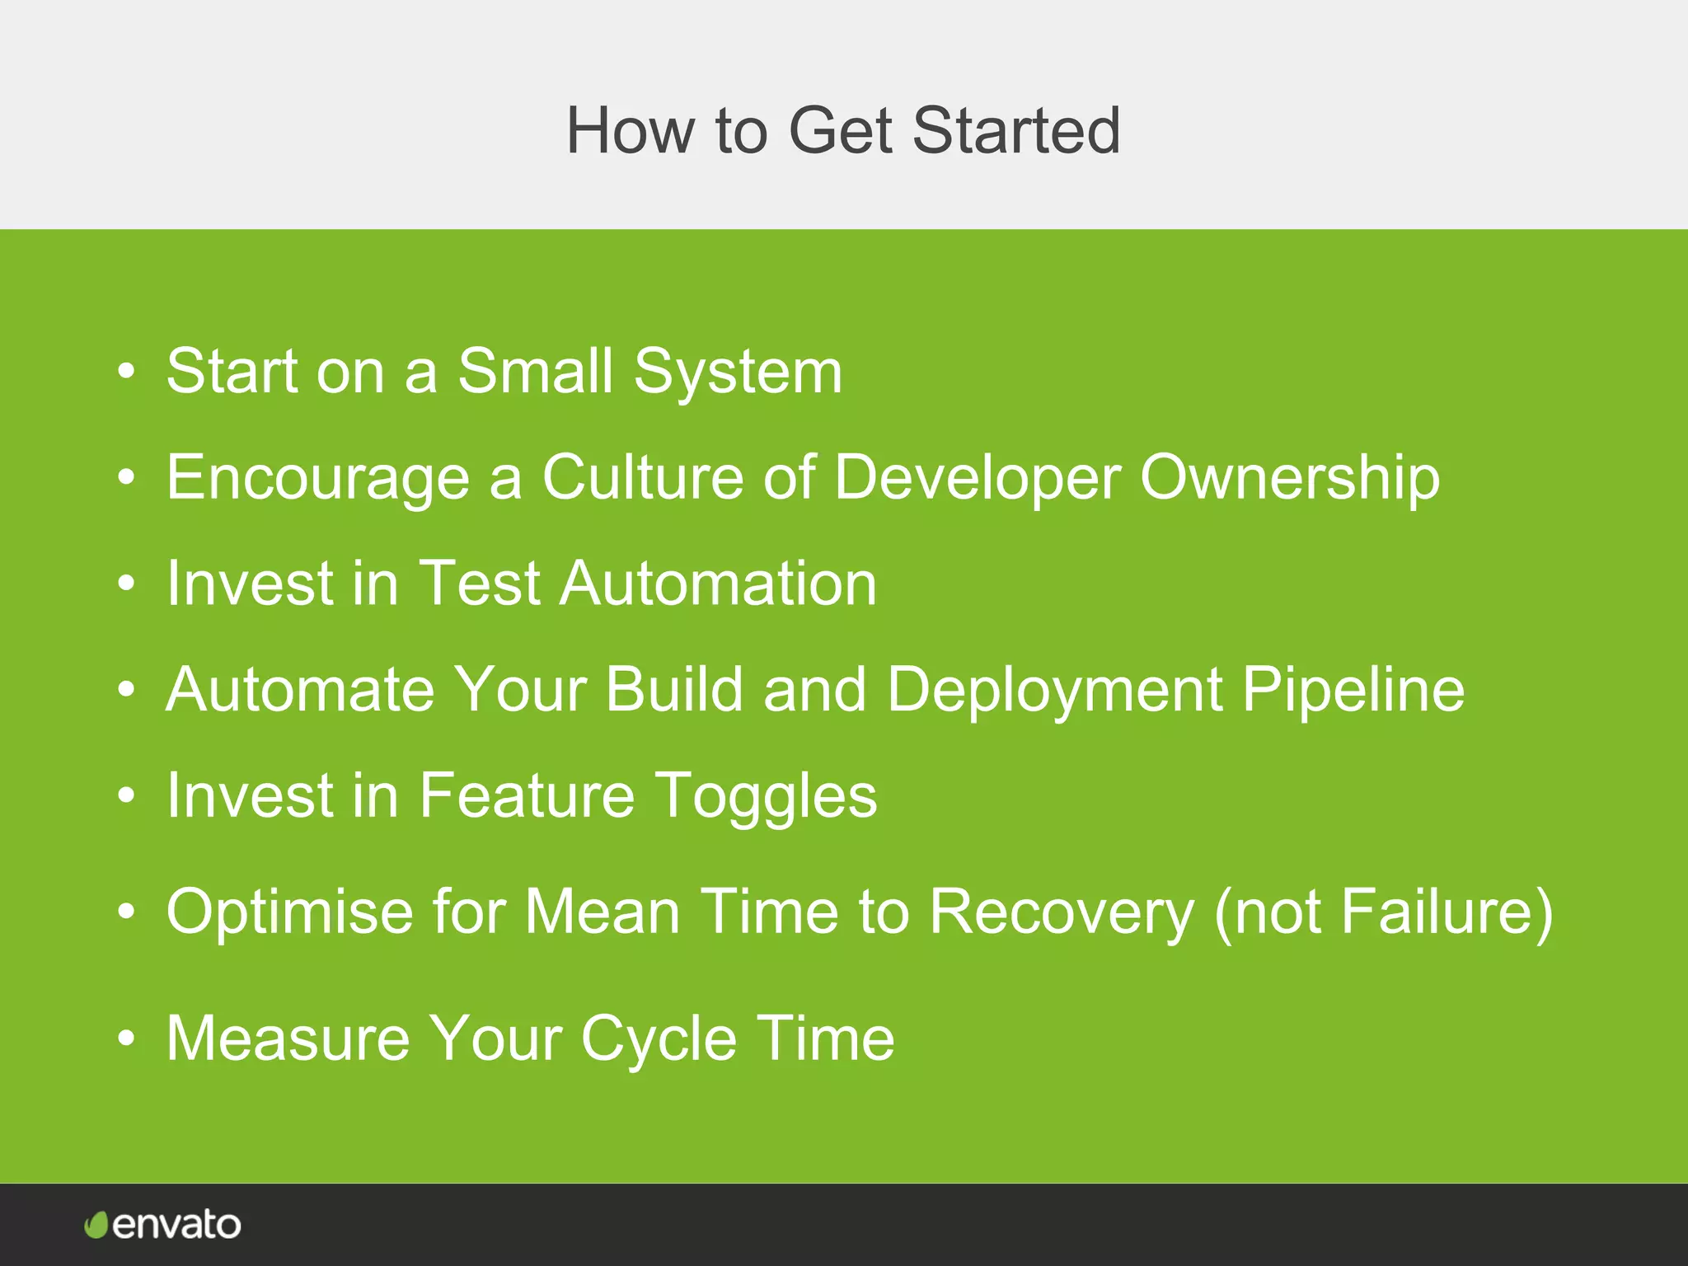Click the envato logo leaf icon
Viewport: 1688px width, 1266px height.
pyautogui.click(x=96, y=1225)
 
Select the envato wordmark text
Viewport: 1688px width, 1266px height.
pyautogui.click(x=176, y=1225)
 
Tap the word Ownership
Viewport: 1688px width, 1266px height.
pyautogui.click(x=1289, y=478)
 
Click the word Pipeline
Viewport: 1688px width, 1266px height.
pyautogui.click(x=1353, y=689)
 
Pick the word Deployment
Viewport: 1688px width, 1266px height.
pyautogui.click(x=1054, y=691)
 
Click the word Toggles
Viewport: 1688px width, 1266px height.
pyautogui.click(x=766, y=796)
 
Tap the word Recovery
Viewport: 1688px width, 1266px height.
pyautogui.click(x=1062, y=912)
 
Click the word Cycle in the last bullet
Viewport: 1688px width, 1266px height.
pyautogui.click(x=659, y=1039)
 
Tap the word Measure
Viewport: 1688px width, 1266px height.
pyautogui.click(x=288, y=1038)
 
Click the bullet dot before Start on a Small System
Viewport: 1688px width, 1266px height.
pyautogui.click(x=125, y=372)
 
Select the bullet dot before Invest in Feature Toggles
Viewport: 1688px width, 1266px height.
pyautogui.click(x=125, y=795)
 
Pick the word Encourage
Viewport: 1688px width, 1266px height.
pyautogui.click(x=317, y=478)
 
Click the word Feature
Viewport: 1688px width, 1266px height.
pyautogui.click(x=527, y=795)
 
